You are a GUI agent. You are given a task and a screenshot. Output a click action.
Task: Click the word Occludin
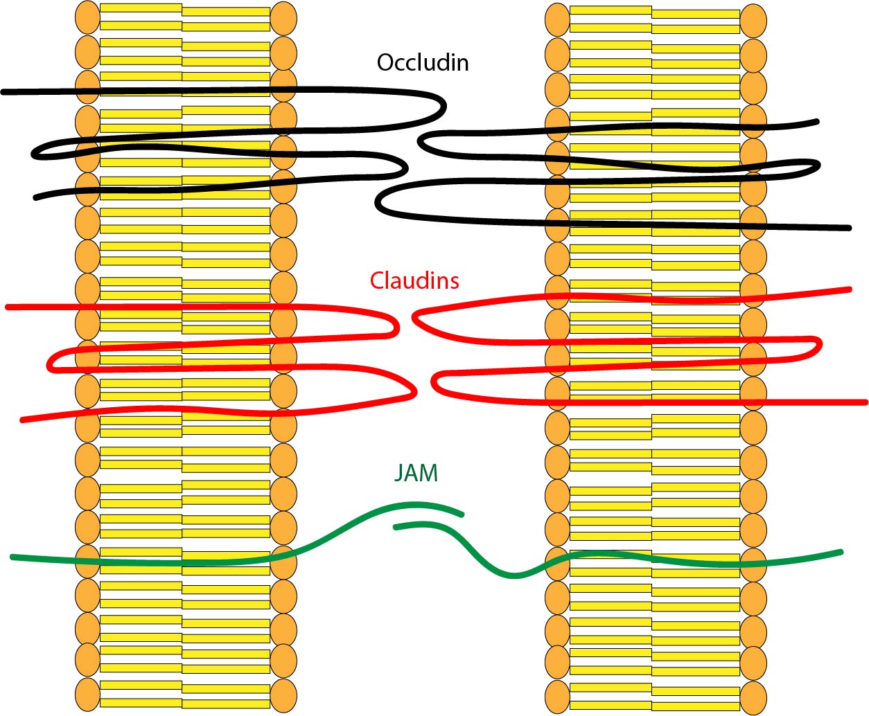click(423, 62)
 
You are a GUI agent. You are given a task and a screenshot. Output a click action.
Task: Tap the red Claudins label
click(414, 280)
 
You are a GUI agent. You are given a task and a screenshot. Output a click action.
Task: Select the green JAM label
click(416, 473)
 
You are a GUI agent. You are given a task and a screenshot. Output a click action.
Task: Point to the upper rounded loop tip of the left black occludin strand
click(442, 107)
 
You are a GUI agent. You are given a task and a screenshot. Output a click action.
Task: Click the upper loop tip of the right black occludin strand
click(421, 141)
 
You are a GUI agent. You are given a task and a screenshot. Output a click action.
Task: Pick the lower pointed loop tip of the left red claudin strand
click(414, 392)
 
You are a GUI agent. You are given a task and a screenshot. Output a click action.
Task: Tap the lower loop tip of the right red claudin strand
click(434, 384)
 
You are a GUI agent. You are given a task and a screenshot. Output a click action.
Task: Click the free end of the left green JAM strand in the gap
click(461, 514)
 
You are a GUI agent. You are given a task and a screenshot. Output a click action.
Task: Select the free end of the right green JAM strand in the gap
click(396, 528)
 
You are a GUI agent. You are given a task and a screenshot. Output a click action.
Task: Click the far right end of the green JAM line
click(841, 552)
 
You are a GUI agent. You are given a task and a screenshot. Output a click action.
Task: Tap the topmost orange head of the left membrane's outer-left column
click(87, 17)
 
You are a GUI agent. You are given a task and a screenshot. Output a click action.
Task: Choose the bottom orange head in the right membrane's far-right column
click(753, 698)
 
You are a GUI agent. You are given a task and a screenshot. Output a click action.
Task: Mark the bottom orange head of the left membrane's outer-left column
click(87, 695)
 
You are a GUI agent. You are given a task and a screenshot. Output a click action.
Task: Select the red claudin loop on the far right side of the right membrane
click(819, 346)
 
